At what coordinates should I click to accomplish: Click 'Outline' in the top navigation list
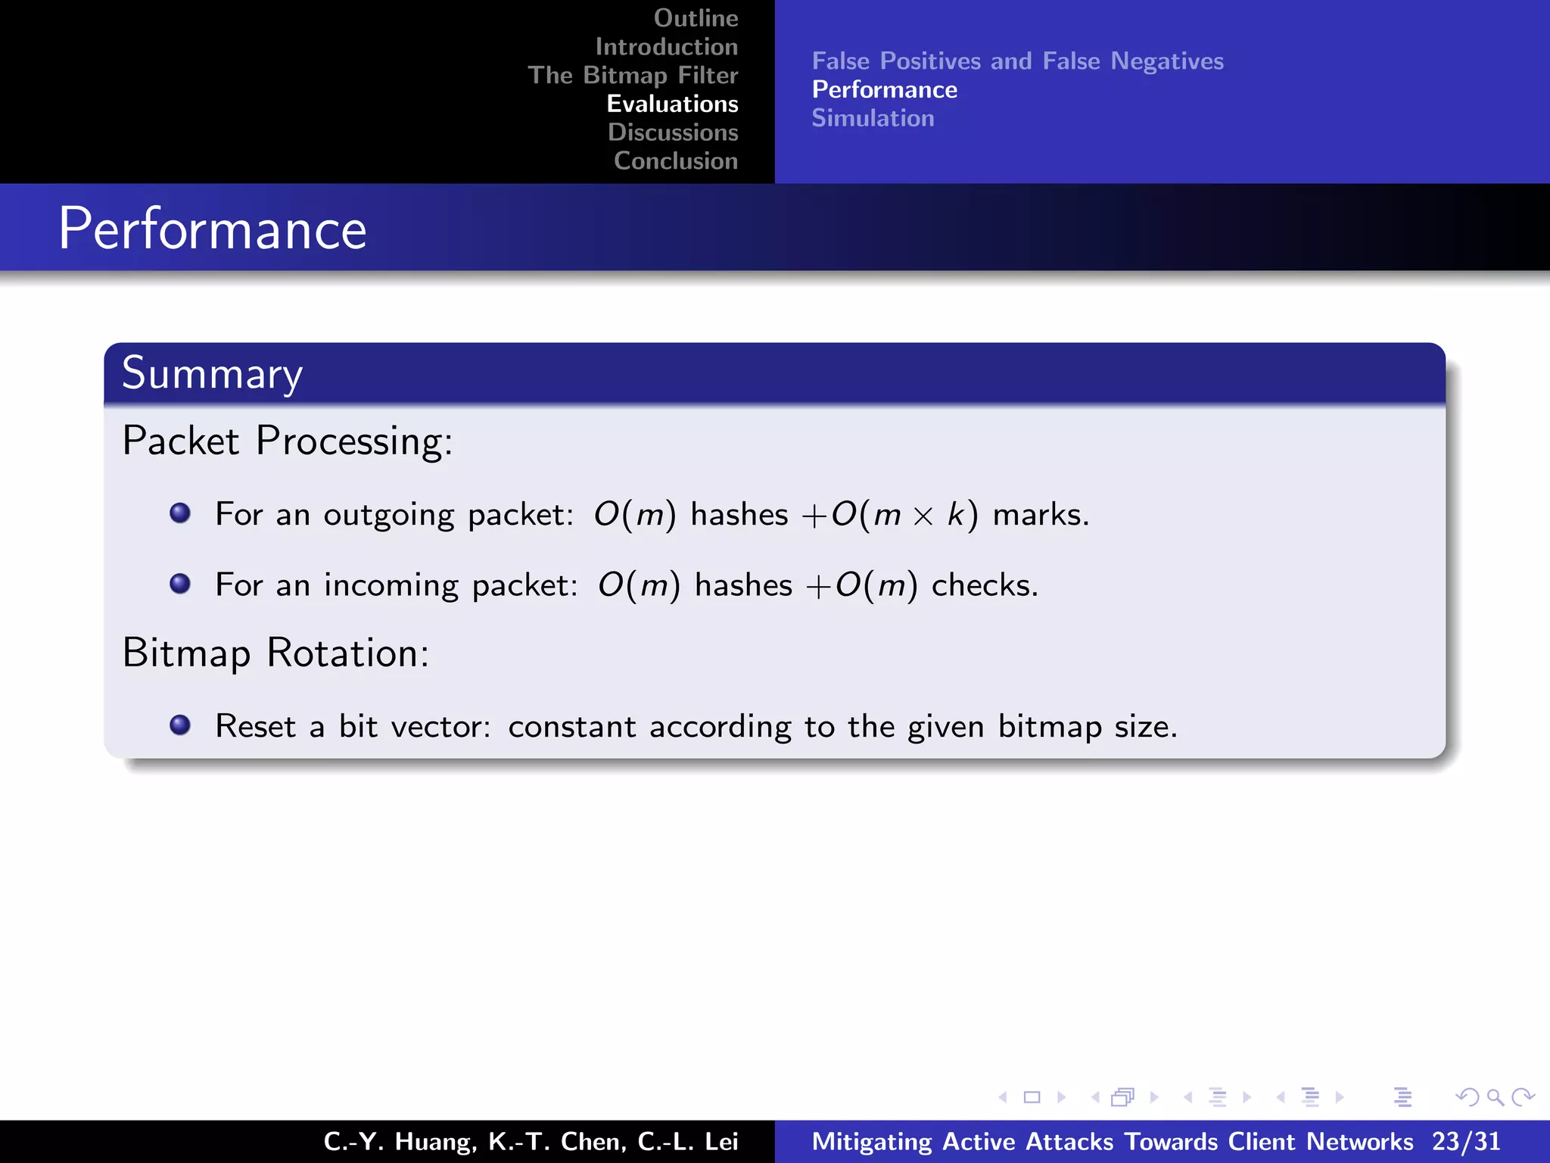[696, 18]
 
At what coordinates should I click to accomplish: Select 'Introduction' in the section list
[666, 47]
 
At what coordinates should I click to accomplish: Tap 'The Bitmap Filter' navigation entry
[633, 76]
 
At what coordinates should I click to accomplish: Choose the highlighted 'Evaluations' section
[672, 104]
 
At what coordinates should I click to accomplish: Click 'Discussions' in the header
[672, 133]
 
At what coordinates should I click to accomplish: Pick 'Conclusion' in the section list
[675, 161]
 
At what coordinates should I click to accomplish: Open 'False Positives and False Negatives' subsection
[1017, 61]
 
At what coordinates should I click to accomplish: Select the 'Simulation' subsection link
[873, 119]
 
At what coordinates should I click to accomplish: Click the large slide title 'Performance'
[213, 229]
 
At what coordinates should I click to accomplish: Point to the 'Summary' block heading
[212, 373]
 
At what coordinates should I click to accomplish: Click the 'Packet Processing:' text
[288, 441]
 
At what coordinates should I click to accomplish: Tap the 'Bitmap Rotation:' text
[275, 653]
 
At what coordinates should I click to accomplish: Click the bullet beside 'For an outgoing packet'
[180, 513]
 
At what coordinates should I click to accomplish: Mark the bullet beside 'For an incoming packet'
[180, 584]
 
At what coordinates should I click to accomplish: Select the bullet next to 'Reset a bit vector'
[180, 725]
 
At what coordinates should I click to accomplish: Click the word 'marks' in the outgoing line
[1037, 515]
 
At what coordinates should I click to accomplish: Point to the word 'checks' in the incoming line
[981, 585]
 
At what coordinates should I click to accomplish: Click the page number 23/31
[1465, 1142]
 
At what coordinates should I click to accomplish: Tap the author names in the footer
[531, 1142]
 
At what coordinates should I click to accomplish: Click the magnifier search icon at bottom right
[1495, 1097]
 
